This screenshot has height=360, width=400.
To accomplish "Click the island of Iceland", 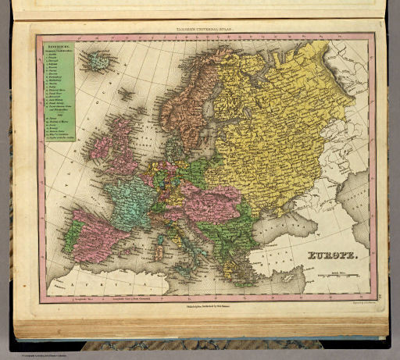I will click(99, 59).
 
